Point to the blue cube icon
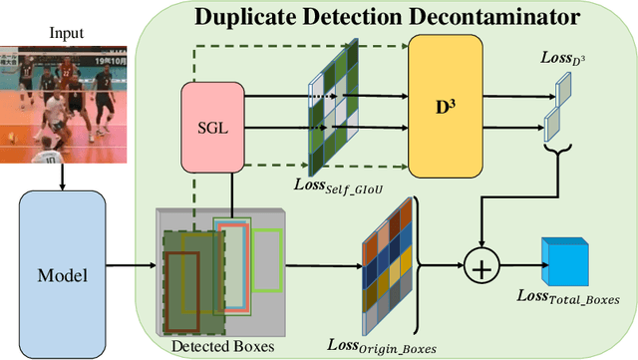coord(563,261)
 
